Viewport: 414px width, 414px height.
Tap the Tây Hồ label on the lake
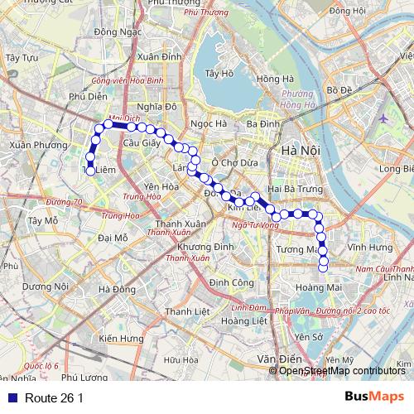pyautogui.click(x=219, y=74)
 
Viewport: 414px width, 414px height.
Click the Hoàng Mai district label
pyautogui.click(x=324, y=287)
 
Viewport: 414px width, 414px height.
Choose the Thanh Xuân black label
pyautogui.click(x=181, y=224)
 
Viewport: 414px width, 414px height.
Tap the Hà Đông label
pyautogui.click(x=116, y=289)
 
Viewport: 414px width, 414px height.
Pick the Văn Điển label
pyautogui.click(x=277, y=359)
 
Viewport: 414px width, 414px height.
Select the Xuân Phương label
pyautogui.click(x=31, y=144)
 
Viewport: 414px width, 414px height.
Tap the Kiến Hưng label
pyautogui.click(x=119, y=339)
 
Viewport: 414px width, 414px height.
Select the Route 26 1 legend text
pyautogui.click(x=54, y=398)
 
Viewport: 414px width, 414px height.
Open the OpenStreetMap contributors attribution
pyautogui.click(x=341, y=371)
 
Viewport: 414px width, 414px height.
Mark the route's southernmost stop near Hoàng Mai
pyautogui.click(x=324, y=266)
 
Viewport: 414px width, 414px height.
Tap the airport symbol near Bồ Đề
pyautogui.click(x=383, y=117)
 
